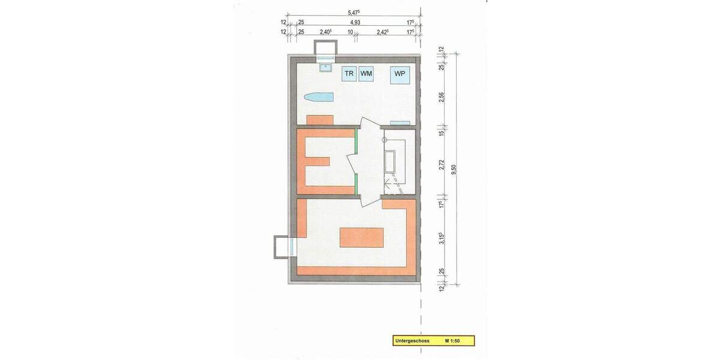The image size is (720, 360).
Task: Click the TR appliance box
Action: tap(349, 74)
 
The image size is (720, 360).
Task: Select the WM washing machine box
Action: tap(366, 74)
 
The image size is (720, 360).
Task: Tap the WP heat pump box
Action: tap(400, 74)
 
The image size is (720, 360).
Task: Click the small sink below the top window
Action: tap(326, 67)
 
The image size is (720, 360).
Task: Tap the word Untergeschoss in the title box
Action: tap(412, 341)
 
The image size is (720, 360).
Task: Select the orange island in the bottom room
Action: tap(361, 238)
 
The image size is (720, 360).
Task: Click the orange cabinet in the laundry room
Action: tap(320, 119)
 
